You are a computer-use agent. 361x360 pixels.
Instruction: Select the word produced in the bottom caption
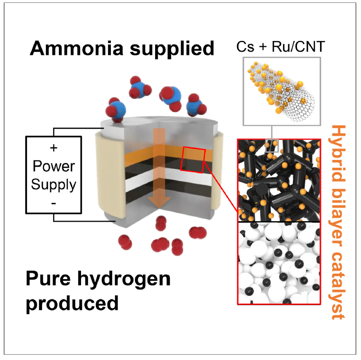[x=72, y=304]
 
